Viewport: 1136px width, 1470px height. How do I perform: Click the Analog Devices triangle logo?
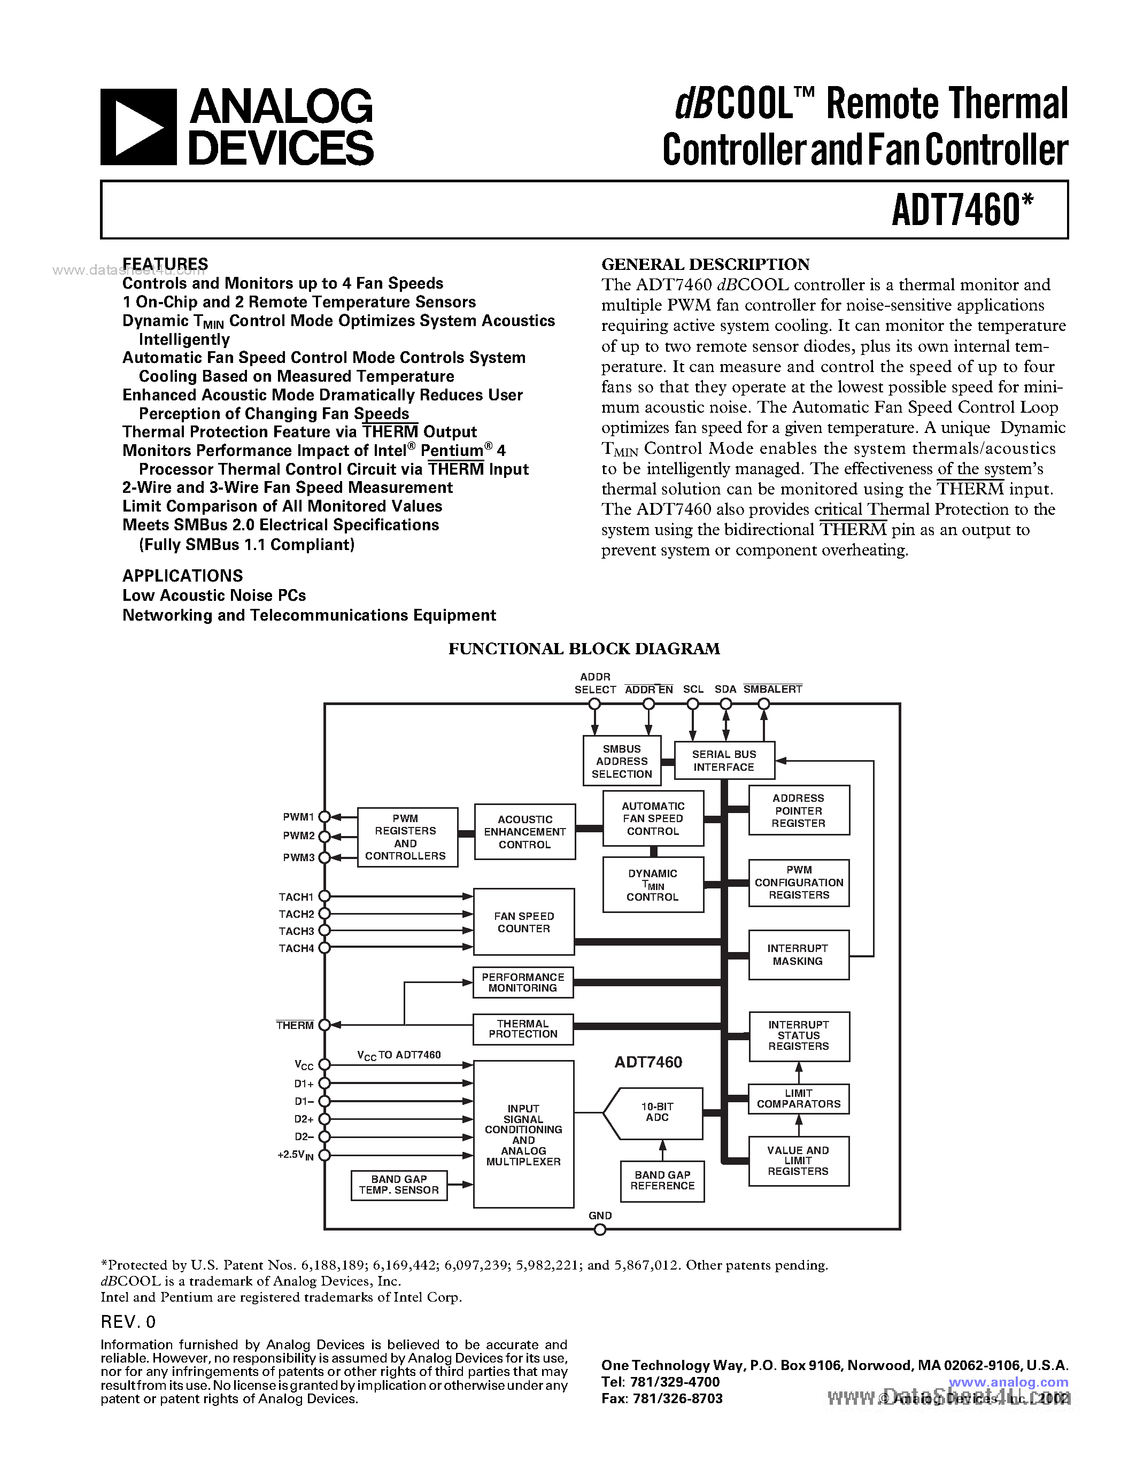[x=138, y=127]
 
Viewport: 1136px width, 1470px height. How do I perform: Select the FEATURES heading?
[x=165, y=263]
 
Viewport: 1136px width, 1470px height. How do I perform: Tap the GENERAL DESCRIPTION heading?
[x=705, y=265]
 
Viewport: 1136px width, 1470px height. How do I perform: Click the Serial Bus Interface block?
[x=724, y=761]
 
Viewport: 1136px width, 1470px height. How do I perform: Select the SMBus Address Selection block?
[x=622, y=761]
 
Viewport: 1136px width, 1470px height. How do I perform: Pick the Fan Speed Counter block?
[x=523, y=922]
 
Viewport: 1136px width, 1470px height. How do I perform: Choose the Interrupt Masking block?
[x=798, y=954]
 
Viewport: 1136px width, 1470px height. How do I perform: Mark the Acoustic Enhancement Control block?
[x=525, y=832]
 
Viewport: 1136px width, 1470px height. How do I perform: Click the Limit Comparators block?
[x=799, y=1098]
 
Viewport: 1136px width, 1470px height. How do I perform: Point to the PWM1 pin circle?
[x=324, y=817]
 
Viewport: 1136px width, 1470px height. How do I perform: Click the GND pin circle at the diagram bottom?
[x=600, y=1229]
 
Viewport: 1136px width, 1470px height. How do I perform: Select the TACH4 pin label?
[x=297, y=948]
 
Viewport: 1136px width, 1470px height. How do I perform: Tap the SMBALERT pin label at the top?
[x=772, y=689]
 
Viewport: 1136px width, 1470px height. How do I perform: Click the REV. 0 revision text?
[x=128, y=1322]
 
